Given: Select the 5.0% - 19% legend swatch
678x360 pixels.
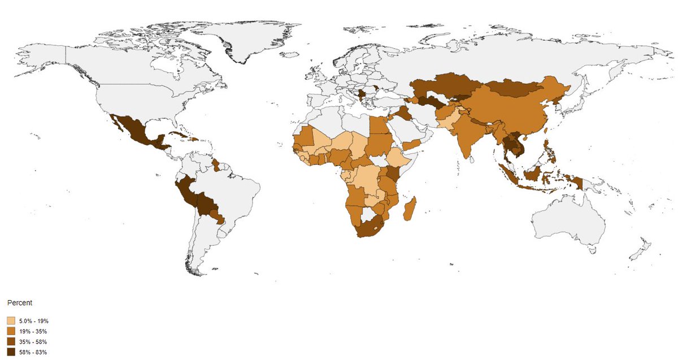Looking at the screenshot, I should [11, 321].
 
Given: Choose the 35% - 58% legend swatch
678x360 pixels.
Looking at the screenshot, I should [11, 342].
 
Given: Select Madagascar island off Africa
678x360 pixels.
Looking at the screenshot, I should [410, 208].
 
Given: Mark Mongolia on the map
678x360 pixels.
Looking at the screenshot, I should [506, 89].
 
